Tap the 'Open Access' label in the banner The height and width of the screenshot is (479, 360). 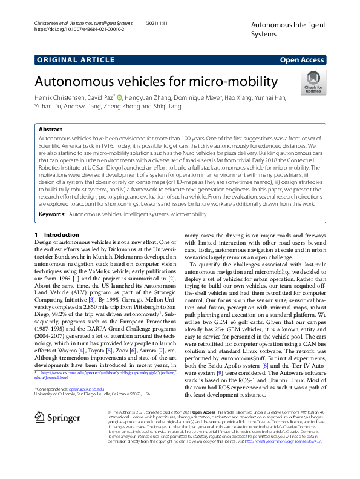(x=302, y=59)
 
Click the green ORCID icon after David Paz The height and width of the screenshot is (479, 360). (x=120, y=97)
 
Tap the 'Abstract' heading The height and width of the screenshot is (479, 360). (x=50, y=130)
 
